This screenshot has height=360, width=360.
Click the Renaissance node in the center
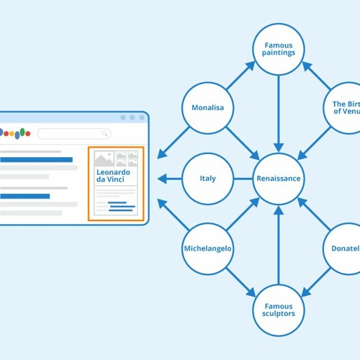click(x=278, y=179)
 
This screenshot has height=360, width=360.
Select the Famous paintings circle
click(x=278, y=49)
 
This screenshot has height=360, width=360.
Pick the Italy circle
click(x=207, y=179)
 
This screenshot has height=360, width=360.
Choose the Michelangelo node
click(x=207, y=248)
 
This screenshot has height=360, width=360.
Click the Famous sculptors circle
click(x=278, y=309)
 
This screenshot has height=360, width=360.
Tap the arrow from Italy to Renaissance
click(x=243, y=179)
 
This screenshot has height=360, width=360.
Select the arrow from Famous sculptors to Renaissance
click(x=278, y=245)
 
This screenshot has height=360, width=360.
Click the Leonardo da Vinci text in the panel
click(x=112, y=175)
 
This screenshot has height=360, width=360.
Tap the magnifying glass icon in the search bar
click(x=105, y=133)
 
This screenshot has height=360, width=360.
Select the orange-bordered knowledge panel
click(x=115, y=184)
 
